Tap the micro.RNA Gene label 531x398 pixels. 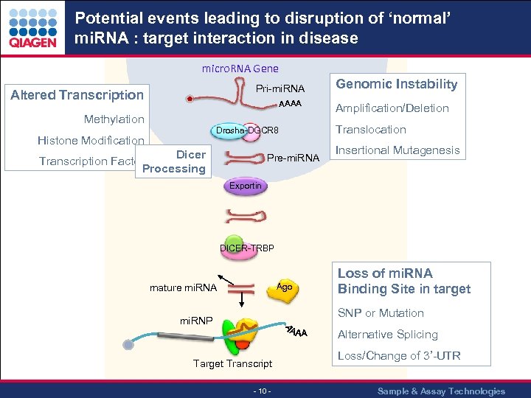click(240, 69)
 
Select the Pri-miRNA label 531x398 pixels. click(280, 89)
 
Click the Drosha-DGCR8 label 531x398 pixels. click(247, 131)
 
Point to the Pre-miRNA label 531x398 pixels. click(293, 158)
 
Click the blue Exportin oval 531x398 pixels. click(245, 186)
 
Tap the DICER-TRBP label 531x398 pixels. click(247, 248)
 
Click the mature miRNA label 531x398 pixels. click(183, 287)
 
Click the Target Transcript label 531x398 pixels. click(232, 363)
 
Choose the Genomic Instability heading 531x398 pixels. click(397, 84)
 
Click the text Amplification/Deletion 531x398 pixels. click(392, 108)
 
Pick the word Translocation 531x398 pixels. click(370, 129)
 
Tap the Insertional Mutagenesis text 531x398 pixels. click(398, 150)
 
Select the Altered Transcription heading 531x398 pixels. click(77, 94)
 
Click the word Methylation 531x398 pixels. click(114, 119)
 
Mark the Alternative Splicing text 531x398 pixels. click(387, 334)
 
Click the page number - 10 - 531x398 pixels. click(262, 391)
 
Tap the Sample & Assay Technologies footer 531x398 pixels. click(441, 391)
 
